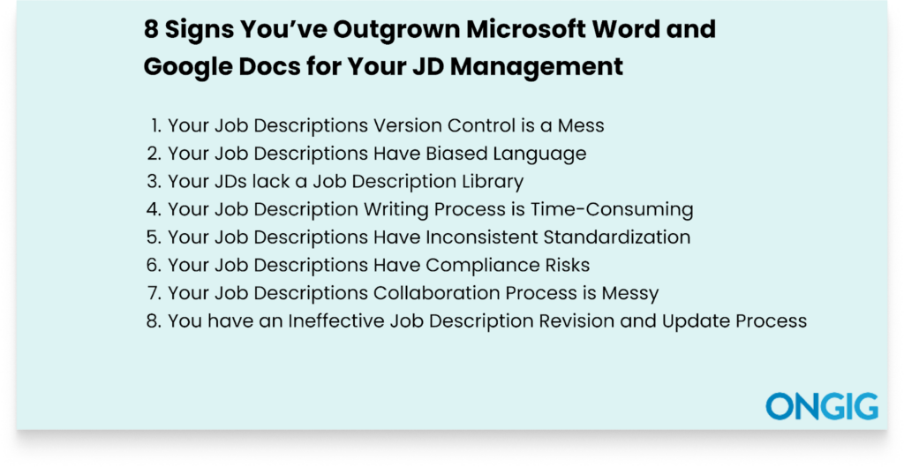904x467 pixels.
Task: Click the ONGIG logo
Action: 822,406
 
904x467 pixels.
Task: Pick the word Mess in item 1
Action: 582,126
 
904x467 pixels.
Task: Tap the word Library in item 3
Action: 493,182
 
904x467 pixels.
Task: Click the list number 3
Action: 153,182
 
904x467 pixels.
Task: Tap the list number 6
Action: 153,265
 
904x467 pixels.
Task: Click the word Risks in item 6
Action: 567,265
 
